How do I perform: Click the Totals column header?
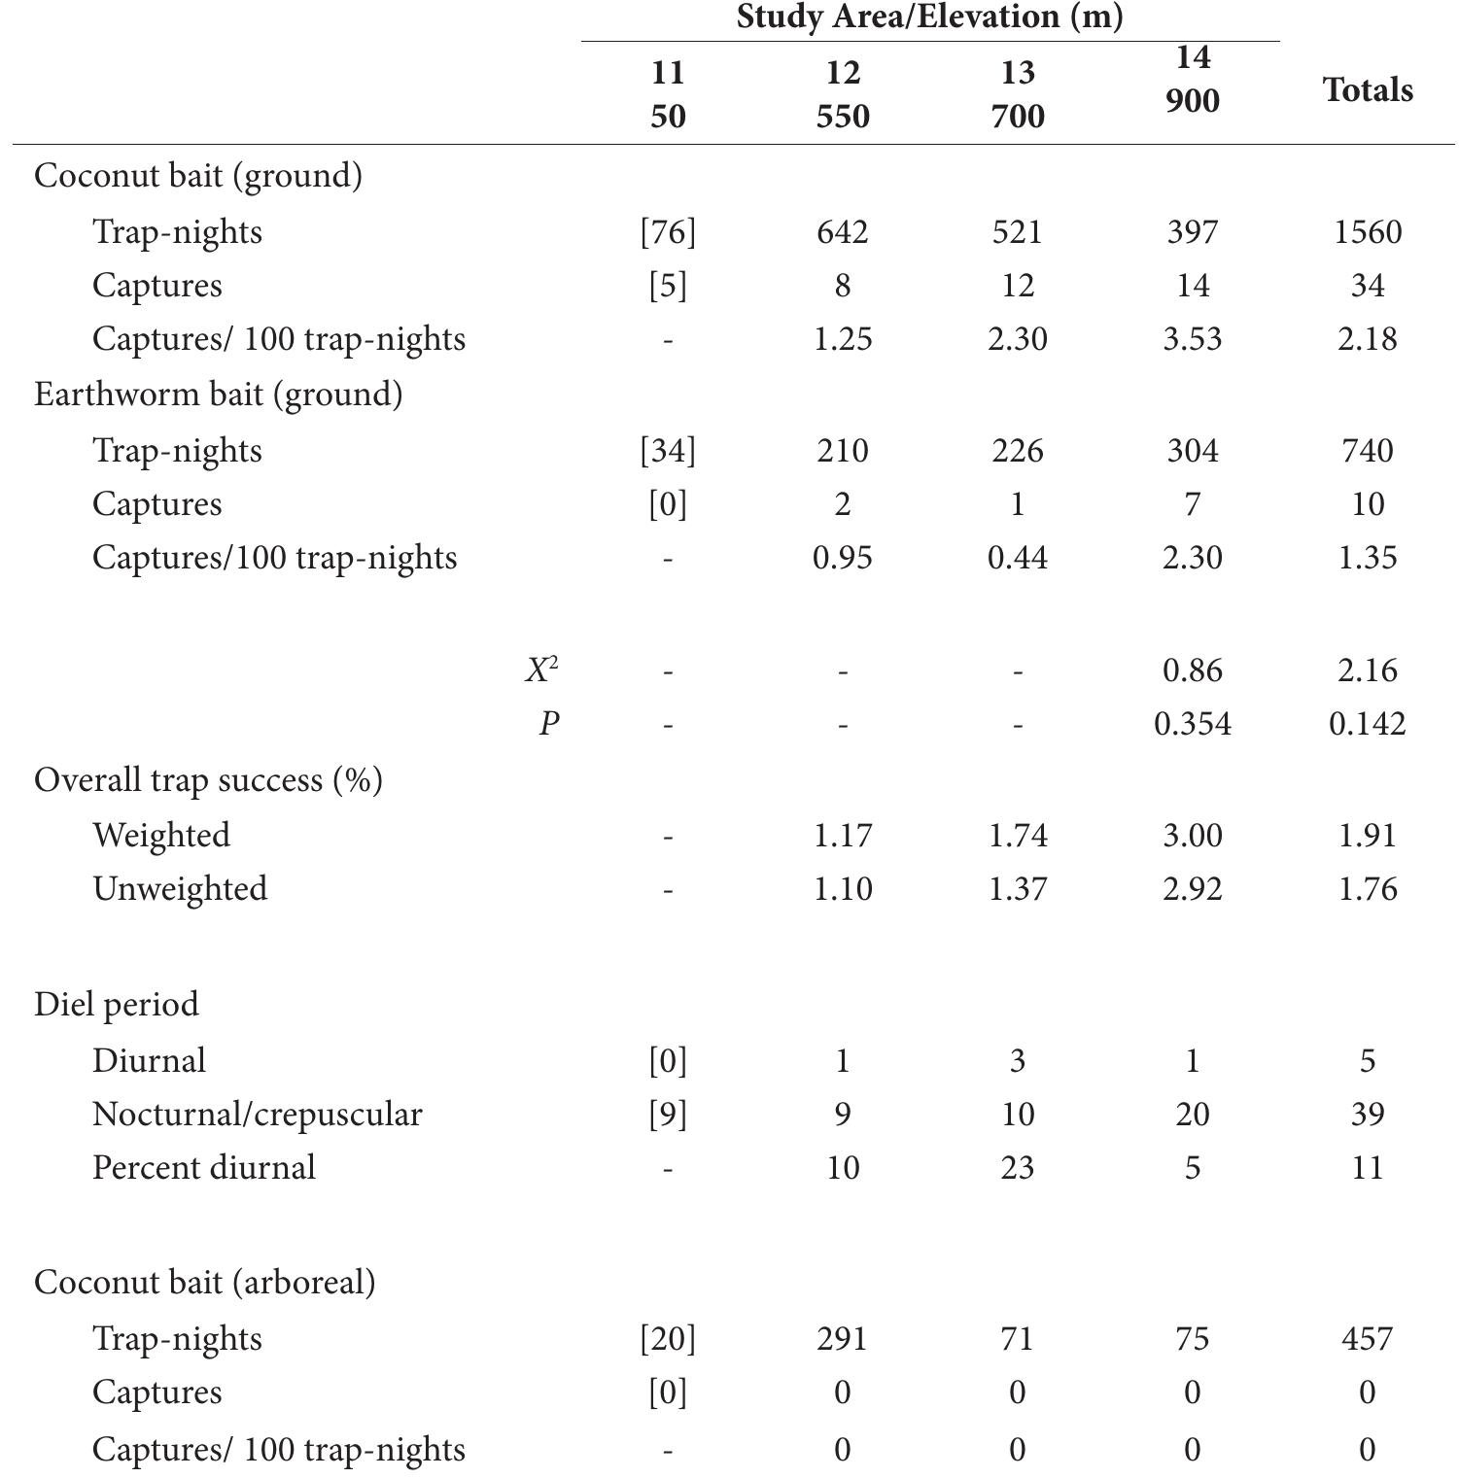[1367, 90]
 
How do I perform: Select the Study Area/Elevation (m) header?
[929, 17]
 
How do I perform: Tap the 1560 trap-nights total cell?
[1367, 232]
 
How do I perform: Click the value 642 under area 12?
[842, 232]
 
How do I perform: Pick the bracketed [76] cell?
[668, 232]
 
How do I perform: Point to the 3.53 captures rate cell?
[1192, 339]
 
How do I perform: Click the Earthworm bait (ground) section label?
[218, 395]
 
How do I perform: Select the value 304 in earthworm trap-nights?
[1192, 451]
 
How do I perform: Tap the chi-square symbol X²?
[541, 670]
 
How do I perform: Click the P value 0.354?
[1192, 724]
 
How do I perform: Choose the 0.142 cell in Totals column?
[1367, 724]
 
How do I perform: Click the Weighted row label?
[161, 836]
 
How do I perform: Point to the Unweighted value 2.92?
[1192, 889]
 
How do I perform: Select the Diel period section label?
[117, 1005]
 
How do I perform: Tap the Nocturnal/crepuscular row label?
[257, 1115]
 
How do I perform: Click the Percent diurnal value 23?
[1017, 1168]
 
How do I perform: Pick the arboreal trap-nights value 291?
[842, 1339]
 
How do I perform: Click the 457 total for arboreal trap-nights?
[1367, 1339]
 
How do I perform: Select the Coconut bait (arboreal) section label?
[204, 1283]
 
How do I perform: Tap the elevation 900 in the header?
[1192, 101]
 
